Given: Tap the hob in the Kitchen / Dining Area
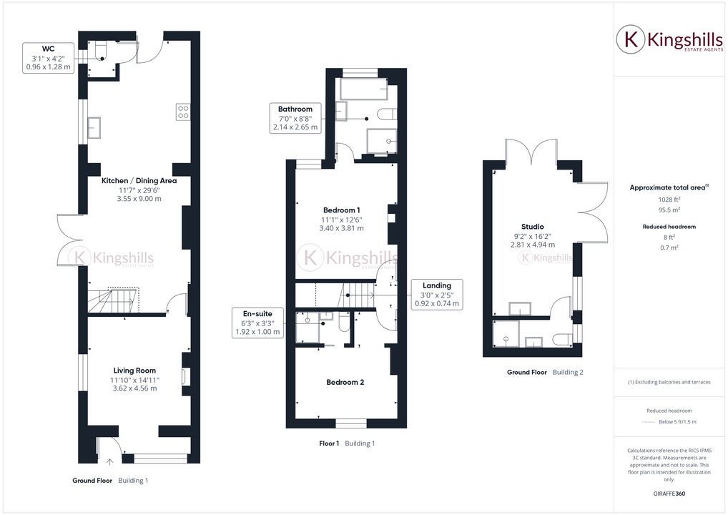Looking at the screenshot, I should (x=183, y=112).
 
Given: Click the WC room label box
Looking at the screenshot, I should (x=49, y=58).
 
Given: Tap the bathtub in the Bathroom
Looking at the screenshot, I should (x=363, y=89).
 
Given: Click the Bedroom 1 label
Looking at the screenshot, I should (x=342, y=210).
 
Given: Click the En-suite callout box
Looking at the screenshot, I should (x=258, y=323).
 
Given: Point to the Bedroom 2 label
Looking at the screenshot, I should (x=345, y=382).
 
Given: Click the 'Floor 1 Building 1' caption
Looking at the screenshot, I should (x=347, y=443).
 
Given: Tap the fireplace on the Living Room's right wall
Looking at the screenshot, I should (x=186, y=377).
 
